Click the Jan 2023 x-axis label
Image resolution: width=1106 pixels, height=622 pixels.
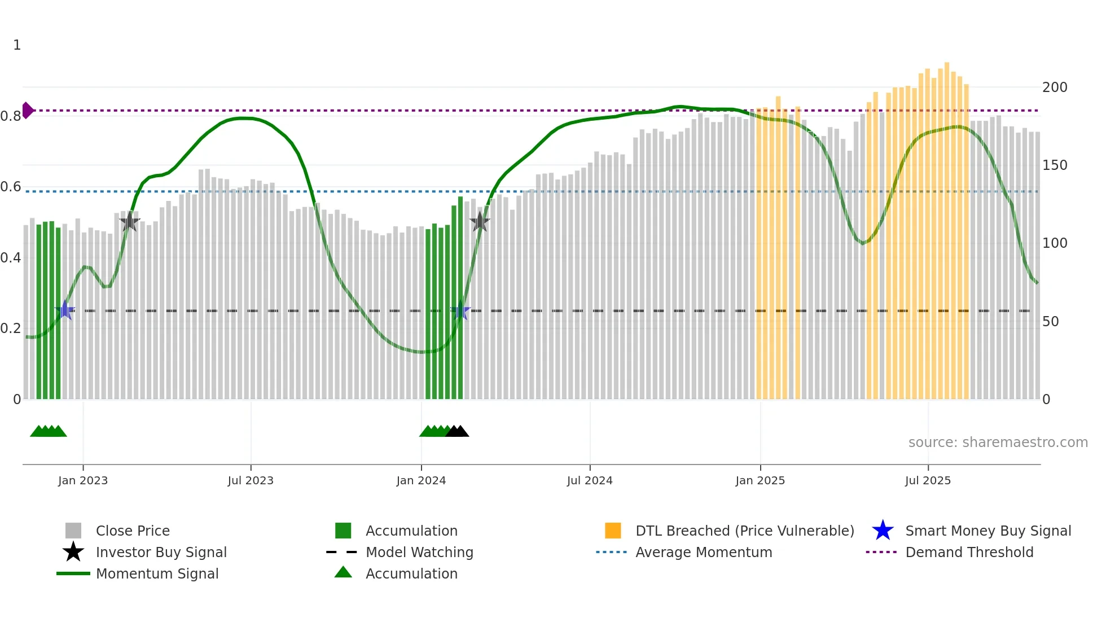tap(82, 480)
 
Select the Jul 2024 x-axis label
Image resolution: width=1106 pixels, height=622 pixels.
tap(590, 480)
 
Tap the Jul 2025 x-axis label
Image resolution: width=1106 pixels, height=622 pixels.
tap(928, 480)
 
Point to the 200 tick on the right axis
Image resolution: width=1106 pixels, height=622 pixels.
tap(1055, 87)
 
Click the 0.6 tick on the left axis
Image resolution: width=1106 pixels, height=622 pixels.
tap(11, 187)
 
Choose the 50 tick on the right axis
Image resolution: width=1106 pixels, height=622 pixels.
tap(1051, 322)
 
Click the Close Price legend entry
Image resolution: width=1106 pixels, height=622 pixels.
tap(133, 531)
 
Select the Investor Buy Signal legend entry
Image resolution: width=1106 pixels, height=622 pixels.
tap(161, 552)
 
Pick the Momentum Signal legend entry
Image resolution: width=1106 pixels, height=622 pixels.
tap(157, 573)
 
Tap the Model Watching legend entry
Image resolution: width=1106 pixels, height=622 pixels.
tap(419, 552)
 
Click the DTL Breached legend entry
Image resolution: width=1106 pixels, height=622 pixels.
tap(744, 531)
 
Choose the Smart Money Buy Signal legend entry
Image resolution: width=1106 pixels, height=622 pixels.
tap(988, 531)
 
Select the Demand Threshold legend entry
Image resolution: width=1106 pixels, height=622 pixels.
tap(969, 552)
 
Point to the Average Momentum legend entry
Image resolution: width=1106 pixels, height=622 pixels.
tap(704, 552)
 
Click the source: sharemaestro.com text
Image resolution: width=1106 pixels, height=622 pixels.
tap(998, 443)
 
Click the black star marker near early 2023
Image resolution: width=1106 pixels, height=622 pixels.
tap(130, 221)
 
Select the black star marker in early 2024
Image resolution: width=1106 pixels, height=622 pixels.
tap(480, 222)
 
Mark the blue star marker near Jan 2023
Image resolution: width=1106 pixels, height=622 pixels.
tap(65, 310)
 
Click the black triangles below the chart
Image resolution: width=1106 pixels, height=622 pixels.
tap(458, 431)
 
